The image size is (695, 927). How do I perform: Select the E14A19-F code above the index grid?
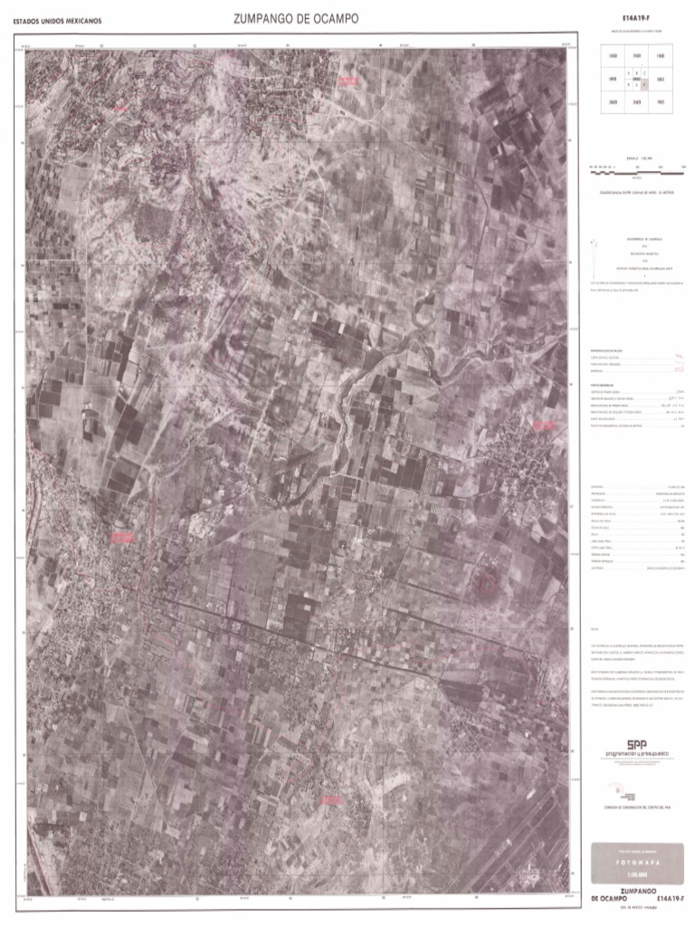636,18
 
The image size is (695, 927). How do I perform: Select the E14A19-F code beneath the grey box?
660,898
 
